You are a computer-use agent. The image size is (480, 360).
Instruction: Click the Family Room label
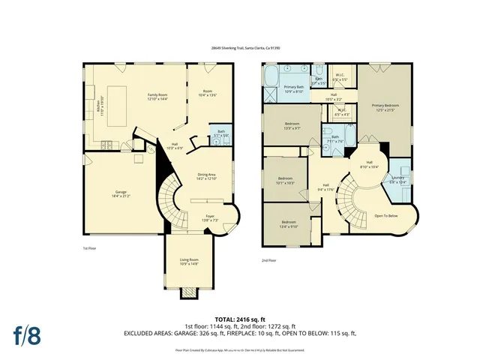coord(160,97)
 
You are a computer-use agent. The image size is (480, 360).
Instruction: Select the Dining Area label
coord(206,177)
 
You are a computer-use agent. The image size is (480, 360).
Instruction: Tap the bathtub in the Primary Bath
coord(271,77)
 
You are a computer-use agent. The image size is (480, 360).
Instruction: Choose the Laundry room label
coord(397,181)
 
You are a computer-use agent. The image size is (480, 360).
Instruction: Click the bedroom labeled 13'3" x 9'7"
coord(292,125)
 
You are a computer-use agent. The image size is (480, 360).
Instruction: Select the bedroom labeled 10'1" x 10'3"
coord(285,181)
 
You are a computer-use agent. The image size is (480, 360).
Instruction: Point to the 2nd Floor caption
coord(269,260)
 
